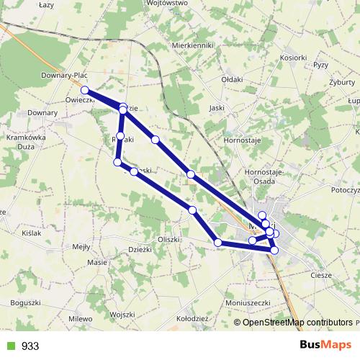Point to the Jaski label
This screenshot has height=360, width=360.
pos(215,108)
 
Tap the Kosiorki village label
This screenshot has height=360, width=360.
pos(292,58)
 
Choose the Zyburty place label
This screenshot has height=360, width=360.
pos(332,81)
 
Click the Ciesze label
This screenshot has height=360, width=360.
pos(321,274)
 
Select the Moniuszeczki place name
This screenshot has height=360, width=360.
pos(247,303)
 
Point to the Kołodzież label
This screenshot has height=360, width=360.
pos(192,318)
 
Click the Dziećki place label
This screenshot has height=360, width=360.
pos(139,250)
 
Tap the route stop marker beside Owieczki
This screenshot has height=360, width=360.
pos(85,90)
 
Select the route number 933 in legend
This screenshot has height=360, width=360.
pos(30,346)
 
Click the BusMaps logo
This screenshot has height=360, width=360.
pos(325,346)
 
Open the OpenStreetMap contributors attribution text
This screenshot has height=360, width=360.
pos(297,322)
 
